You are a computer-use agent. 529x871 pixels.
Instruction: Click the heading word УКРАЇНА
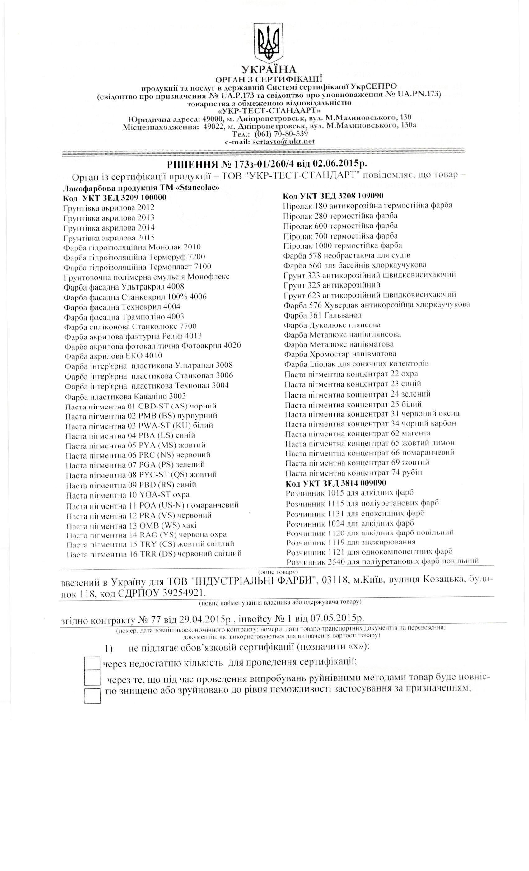tap(269, 69)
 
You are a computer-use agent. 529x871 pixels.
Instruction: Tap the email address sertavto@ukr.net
tap(283, 142)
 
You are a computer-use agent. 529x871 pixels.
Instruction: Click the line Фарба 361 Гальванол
tap(322, 314)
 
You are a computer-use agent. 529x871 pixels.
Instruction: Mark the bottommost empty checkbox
tap(93, 695)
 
